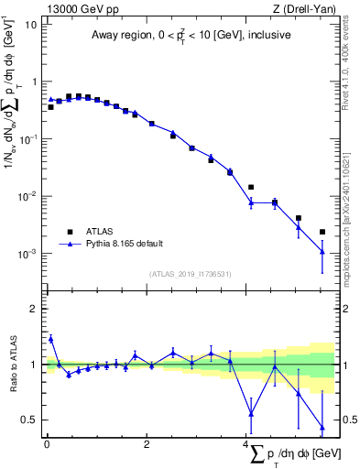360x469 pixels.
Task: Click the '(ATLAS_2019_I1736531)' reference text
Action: (x=190, y=274)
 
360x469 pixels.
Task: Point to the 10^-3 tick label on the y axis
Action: (x=26, y=254)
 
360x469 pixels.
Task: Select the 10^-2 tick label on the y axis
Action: (x=26, y=196)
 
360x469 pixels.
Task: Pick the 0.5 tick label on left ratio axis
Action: (x=29, y=420)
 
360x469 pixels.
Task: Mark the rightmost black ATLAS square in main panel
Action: (x=322, y=232)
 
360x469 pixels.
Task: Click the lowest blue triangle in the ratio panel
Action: (x=322, y=428)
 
